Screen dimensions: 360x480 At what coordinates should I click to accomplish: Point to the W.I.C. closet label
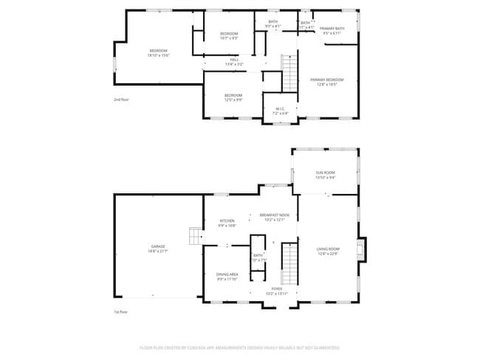coord(280,111)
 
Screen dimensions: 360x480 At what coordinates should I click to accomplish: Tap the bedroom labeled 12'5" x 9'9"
coord(233,97)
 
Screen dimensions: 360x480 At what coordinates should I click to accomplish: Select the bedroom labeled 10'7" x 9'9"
coord(229,36)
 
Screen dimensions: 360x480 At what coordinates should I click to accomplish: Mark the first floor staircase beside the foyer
coord(290,265)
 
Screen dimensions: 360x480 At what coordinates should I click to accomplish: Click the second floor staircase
coord(289,72)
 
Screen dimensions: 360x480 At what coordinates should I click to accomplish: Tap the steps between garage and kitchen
coord(194,235)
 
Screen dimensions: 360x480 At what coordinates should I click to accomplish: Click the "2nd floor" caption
coord(121,99)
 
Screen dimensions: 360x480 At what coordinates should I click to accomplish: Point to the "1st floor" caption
coord(121,312)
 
